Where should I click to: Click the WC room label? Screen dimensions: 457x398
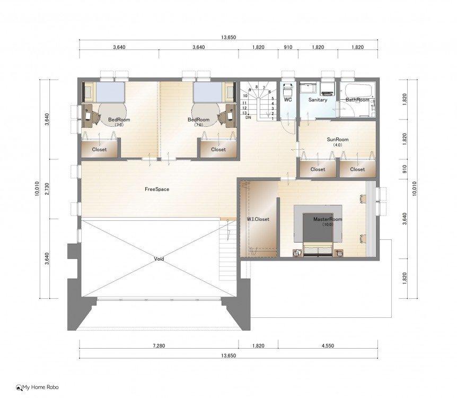tap(288, 100)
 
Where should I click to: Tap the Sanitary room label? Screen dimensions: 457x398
tap(318, 100)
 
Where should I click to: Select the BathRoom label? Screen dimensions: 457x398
tap(357, 100)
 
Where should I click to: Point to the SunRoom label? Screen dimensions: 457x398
tap(338, 140)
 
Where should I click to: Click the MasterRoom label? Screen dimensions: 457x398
tap(328, 219)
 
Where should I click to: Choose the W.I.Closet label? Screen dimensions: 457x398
tap(258, 219)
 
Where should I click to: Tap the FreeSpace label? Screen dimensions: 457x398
tap(157, 189)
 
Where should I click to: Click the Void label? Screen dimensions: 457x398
tap(159, 259)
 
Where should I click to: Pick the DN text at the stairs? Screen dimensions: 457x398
tap(248, 118)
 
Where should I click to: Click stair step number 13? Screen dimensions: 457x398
tap(244, 113)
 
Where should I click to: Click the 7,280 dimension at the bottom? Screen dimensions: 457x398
tap(159, 346)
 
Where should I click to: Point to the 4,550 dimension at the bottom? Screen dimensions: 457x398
tap(328, 346)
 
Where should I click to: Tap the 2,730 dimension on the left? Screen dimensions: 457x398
tap(47, 189)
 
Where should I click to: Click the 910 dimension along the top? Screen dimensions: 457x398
tap(288, 47)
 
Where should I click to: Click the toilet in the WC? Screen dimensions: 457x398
tap(288, 89)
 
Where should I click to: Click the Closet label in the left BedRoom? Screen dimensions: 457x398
tap(99, 150)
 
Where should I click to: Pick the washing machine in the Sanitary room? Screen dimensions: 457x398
tap(328, 89)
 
